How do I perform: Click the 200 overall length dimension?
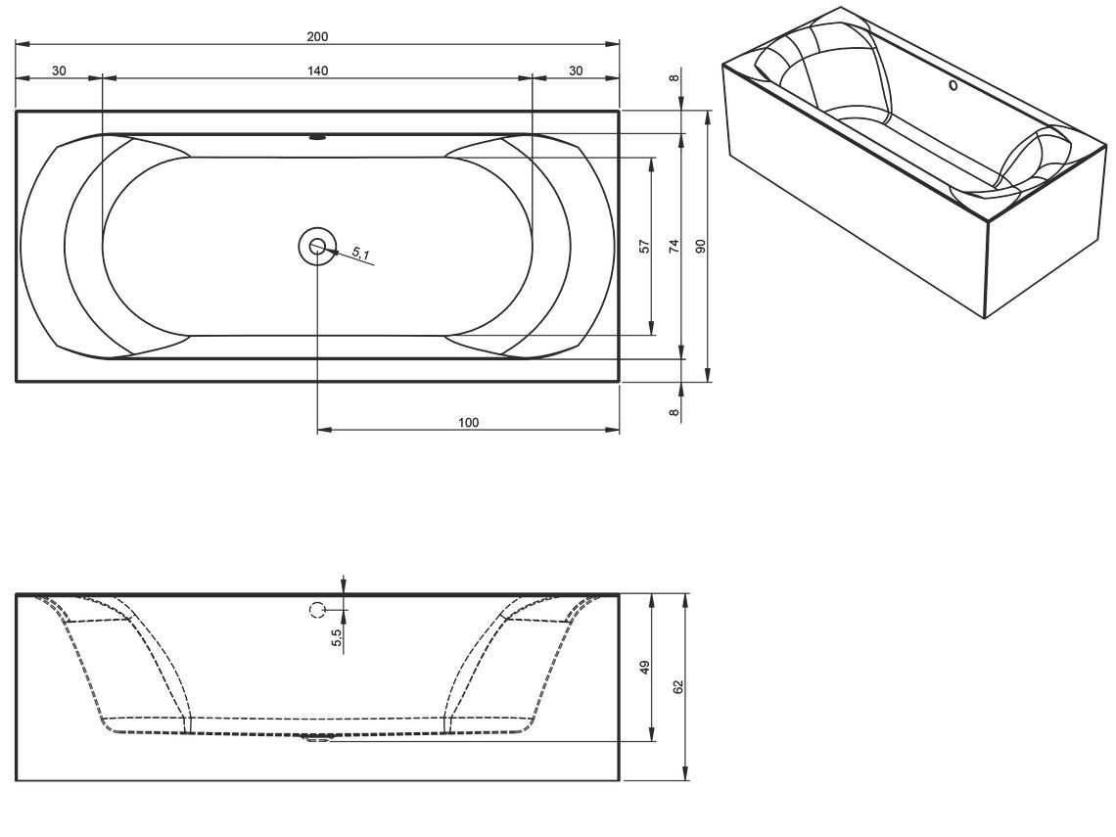pos(317,37)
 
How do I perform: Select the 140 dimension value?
pos(317,70)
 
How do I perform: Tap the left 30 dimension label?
pos(59,70)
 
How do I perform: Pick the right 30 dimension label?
pos(576,70)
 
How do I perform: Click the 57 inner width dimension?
pos(645,247)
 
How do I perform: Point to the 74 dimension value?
pos(674,247)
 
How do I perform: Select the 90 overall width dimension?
pos(700,247)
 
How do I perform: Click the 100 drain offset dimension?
pos(468,423)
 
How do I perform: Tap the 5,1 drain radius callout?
pos(360,253)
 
